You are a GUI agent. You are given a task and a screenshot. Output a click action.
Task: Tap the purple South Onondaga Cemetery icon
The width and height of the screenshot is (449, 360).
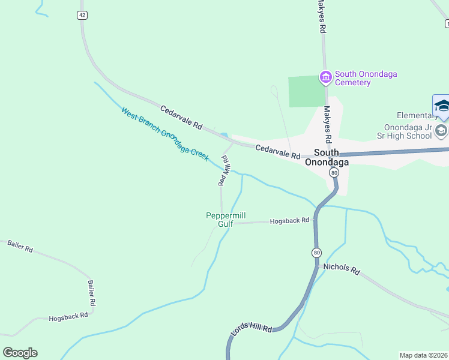[326, 77]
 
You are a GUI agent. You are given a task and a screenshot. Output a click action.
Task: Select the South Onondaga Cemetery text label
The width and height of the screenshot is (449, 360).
[366, 78]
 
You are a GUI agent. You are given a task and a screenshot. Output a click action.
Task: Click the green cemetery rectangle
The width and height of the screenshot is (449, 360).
[307, 91]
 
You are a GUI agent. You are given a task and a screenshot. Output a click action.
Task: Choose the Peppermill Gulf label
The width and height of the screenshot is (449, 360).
[226, 220]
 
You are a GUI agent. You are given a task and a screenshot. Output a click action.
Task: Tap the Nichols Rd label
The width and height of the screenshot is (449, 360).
[341, 269]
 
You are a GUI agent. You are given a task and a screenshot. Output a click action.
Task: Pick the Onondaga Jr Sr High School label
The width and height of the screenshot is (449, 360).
[409, 131]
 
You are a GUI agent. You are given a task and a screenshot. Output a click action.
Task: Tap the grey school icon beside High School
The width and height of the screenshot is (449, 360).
[441, 131]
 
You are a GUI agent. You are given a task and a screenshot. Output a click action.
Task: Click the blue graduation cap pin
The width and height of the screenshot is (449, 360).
[441, 106]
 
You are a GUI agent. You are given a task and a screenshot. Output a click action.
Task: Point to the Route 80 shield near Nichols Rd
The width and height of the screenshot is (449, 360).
[316, 253]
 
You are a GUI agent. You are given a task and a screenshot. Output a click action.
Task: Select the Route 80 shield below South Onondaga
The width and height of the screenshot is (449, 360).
[334, 172]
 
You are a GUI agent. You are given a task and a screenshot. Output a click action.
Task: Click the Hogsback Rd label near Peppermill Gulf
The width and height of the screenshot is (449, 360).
[289, 220]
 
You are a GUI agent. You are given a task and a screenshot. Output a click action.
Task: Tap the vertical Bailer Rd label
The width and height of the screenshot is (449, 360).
[92, 292]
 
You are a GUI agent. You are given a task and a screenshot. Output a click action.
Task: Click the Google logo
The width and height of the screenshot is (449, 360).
[20, 352]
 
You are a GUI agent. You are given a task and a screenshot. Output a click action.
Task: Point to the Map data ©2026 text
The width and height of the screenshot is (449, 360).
[423, 355]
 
